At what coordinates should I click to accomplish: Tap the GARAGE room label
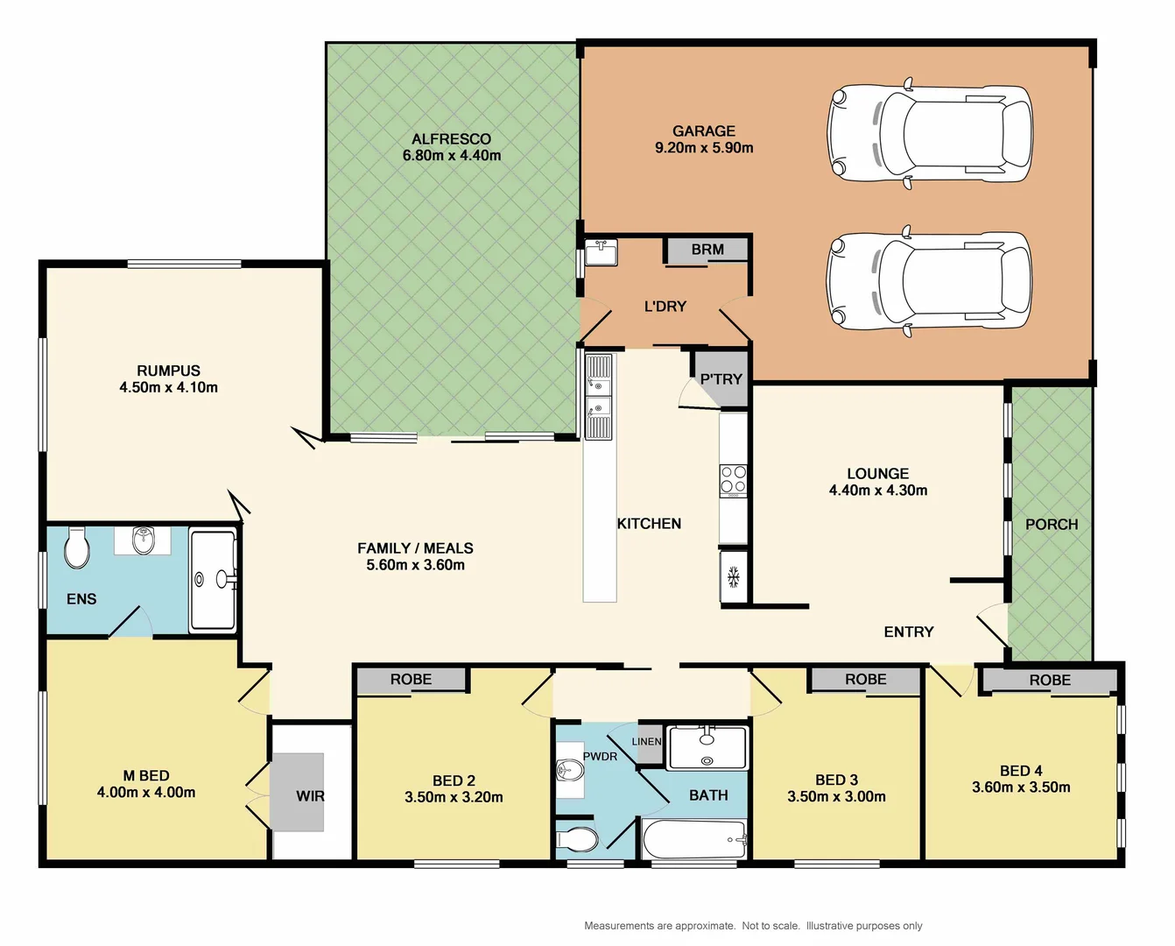point(704,131)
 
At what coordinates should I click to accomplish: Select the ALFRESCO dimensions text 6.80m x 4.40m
point(452,156)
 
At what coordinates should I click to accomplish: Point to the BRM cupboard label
point(707,250)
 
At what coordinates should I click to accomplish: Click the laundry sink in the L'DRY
point(602,254)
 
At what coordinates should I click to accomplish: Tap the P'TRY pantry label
point(721,379)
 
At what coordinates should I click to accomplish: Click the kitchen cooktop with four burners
point(734,480)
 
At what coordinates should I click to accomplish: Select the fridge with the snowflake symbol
point(734,576)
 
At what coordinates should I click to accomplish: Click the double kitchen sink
point(599,396)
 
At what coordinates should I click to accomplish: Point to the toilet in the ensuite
point(77,549)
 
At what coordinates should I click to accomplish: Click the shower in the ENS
point(213,579)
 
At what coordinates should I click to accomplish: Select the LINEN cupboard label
point(647,741)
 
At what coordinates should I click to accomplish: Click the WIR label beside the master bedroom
point(310,796)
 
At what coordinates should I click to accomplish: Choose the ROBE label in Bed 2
point(411,680)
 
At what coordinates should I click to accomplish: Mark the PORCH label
point(1052,525)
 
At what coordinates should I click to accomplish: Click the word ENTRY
point(909,632)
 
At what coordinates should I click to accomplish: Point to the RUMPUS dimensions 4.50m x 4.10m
point(169,388)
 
